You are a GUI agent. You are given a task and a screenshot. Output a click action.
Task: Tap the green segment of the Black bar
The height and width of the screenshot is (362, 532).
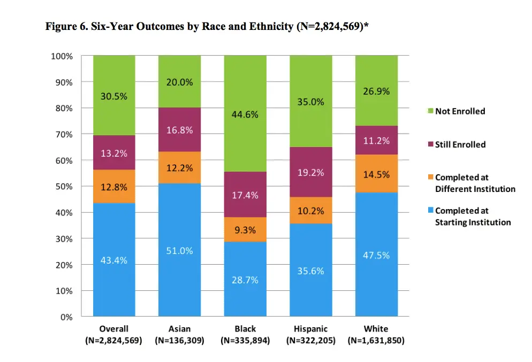pyautogui.click(x=245, y=113)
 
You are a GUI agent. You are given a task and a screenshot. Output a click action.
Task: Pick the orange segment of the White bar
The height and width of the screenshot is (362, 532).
pyautogui.click(x=376, y=173)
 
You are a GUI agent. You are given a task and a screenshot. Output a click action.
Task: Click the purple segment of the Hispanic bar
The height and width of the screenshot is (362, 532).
pyautogui.click(x=310, y=172)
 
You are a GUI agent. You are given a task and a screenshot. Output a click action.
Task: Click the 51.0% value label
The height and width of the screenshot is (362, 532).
pyautogui.click(x=179, y=251)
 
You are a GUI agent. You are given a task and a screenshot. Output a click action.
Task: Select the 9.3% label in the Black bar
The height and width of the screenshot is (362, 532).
pyautogui.click(x=245, y=231)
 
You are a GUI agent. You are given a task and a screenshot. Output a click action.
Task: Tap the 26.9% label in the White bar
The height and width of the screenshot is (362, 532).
pyautogui.click(x=376, y=91)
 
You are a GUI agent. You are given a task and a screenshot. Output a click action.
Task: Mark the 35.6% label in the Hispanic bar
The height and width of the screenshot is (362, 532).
pyautogui.click(x=310, y=271)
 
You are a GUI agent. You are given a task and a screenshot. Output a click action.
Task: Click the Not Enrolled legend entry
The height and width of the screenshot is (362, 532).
pyautogui.click(x=460, y=111)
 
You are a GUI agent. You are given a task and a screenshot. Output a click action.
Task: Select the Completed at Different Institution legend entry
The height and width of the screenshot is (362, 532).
pyautogui.click(x=474, y=183)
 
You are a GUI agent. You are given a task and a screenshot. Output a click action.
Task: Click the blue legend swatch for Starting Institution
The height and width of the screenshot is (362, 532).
pyautogui.click(x=430, y=211)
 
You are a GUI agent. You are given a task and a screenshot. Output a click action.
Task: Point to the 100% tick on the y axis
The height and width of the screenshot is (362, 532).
pyautogui.click(x=62, y=56)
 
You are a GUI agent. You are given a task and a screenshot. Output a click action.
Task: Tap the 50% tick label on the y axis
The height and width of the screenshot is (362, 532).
pyautogui.click(x=64, y=187)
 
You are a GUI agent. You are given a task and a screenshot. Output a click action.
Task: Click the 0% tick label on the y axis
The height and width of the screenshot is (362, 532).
pyautogui.click(x=66, y=317)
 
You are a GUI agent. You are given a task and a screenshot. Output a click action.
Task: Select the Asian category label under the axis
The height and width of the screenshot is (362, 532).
pyautogui.click(x=179, y=329)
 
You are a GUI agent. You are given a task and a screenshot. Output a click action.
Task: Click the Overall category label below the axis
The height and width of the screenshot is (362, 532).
pyautogui.click(x=113, y=329)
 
